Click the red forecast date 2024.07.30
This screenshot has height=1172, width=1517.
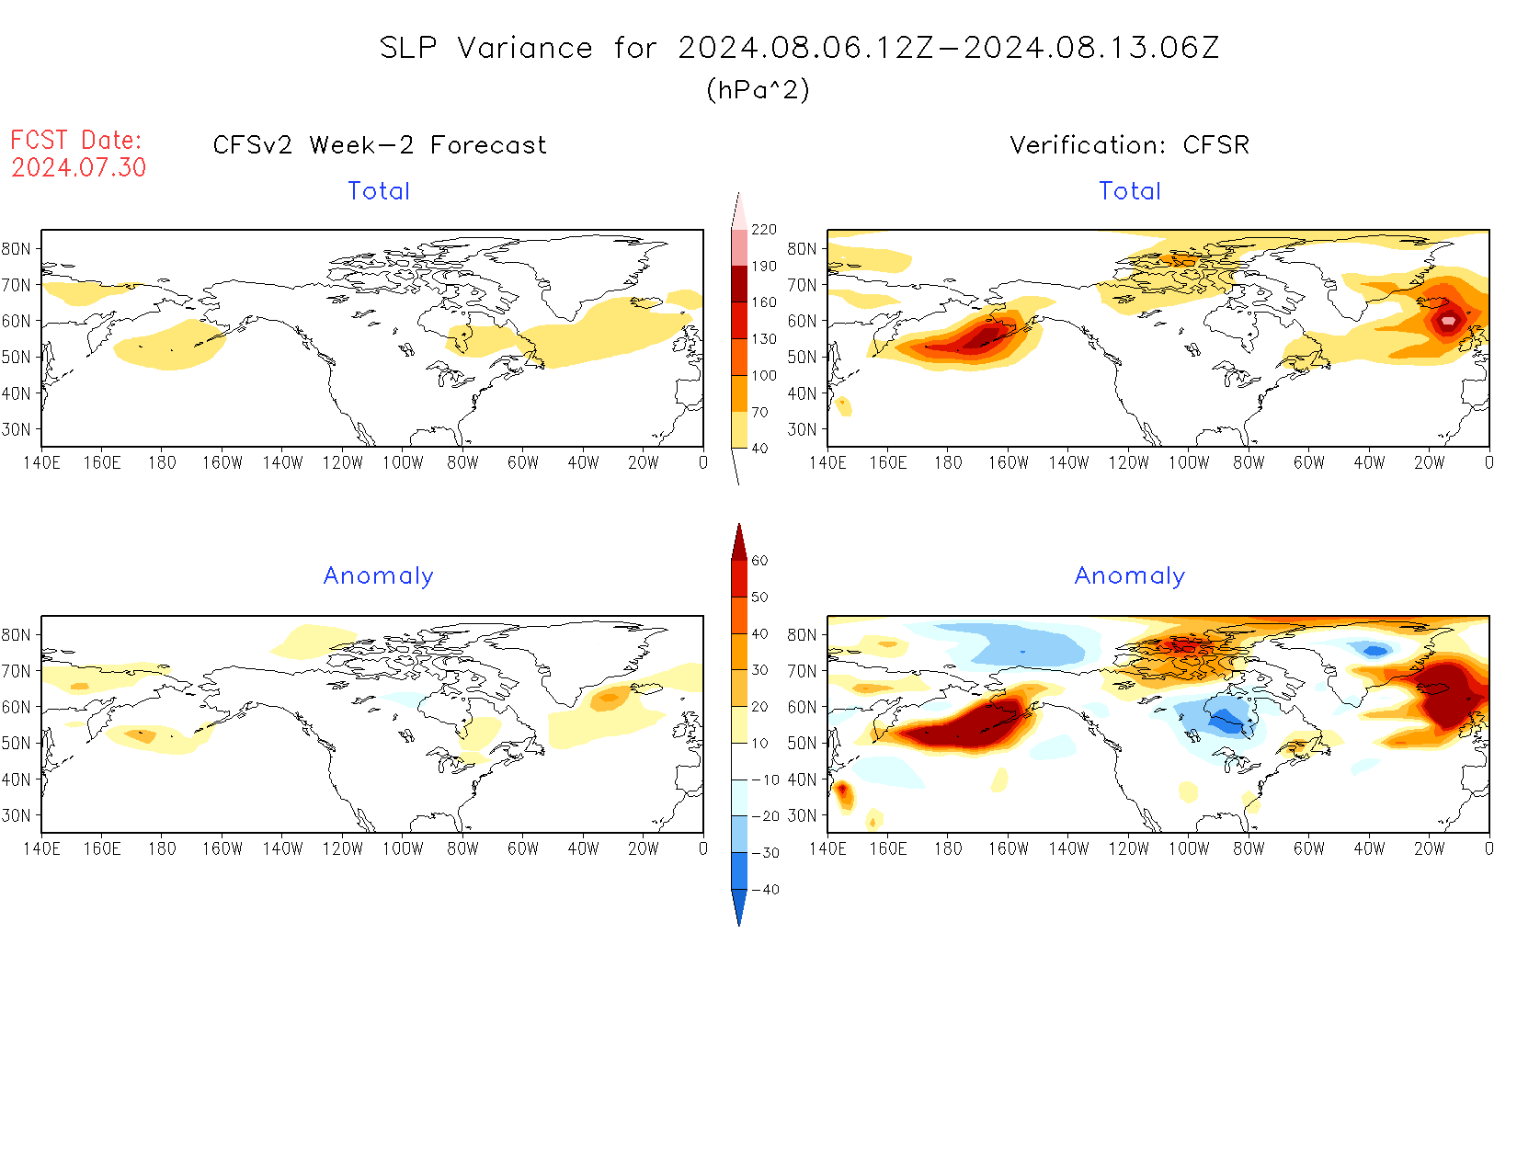click(79, 167)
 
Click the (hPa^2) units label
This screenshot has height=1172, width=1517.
click(758, 89)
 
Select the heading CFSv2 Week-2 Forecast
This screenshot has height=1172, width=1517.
click(380, 145)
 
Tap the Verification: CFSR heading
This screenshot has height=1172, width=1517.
click(1129, 145)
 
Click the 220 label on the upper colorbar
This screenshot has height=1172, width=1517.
click(764, 230)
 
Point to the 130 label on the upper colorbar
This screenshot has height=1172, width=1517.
click(764, 339)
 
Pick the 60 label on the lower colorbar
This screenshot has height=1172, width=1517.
click(759, 561)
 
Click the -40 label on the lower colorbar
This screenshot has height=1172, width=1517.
click(765, 890)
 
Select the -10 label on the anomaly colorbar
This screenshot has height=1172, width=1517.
click(765, 779)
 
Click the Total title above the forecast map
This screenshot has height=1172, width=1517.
click(379, 191)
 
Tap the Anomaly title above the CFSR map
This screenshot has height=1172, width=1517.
click(1130, 576)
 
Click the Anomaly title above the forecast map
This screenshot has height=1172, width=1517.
click(379, 576)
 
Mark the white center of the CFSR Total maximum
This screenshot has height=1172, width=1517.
click(1449, 321)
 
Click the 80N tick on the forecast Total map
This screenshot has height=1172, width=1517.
click(17, 249)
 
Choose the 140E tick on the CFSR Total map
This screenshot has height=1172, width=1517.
click(827, 463)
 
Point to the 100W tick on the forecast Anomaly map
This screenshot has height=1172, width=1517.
click(403, 849)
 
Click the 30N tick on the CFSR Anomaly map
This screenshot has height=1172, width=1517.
click(802, 815)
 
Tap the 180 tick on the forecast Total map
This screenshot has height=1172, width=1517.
click(162, 463)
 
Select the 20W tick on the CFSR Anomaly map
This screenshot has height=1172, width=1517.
click(1429, 849)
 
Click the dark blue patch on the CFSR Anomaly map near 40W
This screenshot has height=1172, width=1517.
click(1375, 651)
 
